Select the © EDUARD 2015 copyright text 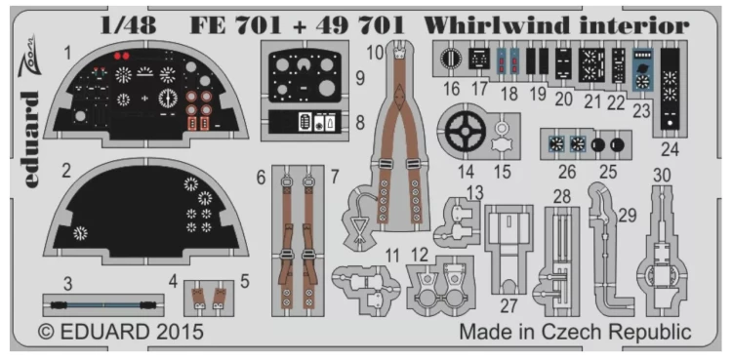(x=121, y=332)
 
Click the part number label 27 (x=507, y=305)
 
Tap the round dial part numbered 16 (x=451, y=60)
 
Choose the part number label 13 (x=474, y=190)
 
